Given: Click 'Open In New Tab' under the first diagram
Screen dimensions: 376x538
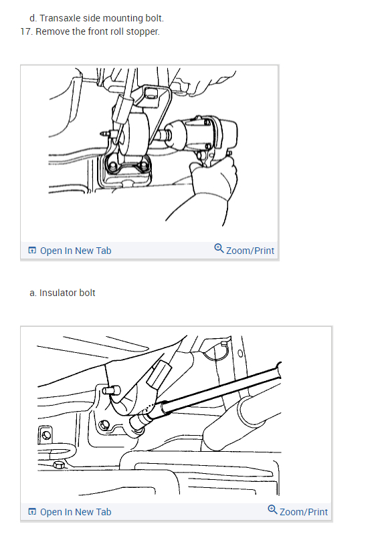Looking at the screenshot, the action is [x=76, y=251].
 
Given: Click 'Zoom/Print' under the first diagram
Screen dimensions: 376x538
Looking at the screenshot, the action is [x=250, y=251].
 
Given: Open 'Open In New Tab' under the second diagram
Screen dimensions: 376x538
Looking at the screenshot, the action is [x=76, y=512].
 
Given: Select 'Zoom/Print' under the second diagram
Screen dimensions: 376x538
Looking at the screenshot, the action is [x=304, y=512].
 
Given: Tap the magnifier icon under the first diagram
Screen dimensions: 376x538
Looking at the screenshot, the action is [x=219, y=248].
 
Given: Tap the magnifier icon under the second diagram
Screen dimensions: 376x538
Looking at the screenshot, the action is [x=272, y=509].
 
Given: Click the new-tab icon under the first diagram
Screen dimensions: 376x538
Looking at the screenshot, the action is [x=32, y=250].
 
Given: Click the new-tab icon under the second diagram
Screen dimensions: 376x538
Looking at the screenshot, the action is [x=32, y=511].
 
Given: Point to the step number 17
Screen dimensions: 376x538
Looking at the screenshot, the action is [x=26, y=31].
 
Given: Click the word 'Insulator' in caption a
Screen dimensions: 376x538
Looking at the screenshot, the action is [x=58, y=293].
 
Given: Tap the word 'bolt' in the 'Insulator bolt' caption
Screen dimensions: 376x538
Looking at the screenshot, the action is [x=87, y=293].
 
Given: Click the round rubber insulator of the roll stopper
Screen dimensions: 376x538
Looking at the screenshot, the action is [x=134, y=134].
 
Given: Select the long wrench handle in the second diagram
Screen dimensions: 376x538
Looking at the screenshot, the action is [x=219, y=388].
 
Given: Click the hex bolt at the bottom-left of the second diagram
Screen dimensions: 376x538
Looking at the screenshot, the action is [x=59, y=465].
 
